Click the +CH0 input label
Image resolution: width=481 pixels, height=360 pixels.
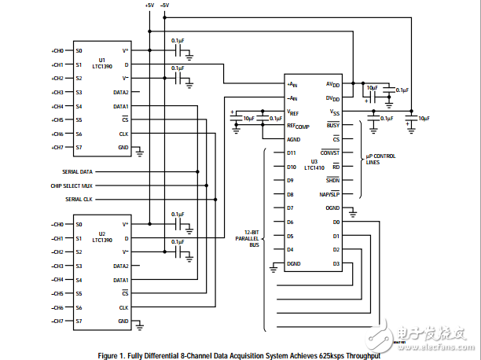[x=57, y=51]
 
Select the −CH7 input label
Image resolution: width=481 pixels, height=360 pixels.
[x=57, y=321]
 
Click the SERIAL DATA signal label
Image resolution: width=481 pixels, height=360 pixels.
[x=78, y=171]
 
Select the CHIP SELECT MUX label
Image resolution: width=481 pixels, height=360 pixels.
[x=72, y=186]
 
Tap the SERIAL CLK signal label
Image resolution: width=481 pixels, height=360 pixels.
[x=79, y=200]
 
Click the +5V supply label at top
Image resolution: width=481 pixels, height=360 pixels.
[x=149, y=6]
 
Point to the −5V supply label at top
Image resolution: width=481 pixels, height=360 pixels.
[x=164, y=6]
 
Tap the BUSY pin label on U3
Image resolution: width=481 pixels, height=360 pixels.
[x=333, y=125]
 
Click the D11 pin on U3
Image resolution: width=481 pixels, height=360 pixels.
[x=292, y=152]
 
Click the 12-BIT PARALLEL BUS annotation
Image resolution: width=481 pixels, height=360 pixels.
[x=248, y=240]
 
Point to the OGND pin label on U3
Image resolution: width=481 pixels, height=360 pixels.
[x=332, y=208]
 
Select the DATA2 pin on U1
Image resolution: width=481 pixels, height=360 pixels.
[x=121, y=93]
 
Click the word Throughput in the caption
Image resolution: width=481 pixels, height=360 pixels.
[x=359, y=355]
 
